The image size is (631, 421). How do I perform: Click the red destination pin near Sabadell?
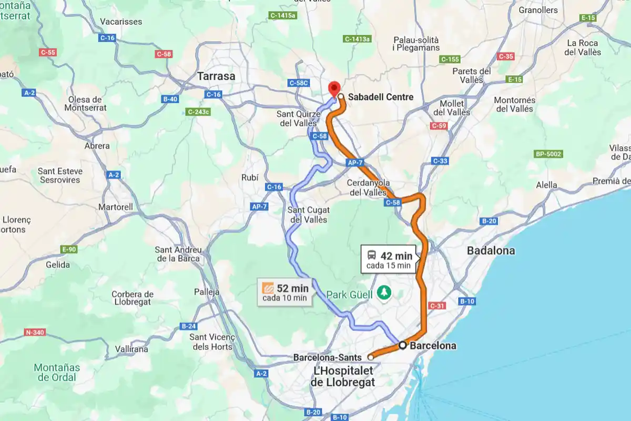tap(334, 88)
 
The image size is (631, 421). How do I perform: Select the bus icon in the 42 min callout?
tap(371, 256)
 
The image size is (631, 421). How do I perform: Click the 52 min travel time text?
tap(292, 288)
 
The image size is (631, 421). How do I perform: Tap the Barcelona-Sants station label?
tap(327, 357)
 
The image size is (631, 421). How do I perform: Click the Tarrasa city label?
tap(216, 76)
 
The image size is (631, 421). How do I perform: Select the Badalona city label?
tap(491, 250)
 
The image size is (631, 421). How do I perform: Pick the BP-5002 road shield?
tap(548, 154)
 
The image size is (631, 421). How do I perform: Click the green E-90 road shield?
tap(69, 249)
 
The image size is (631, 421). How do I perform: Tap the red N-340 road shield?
tap(35, 332)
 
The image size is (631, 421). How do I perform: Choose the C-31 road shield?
tap(437, 306)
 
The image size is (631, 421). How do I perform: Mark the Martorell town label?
tap(116, 207)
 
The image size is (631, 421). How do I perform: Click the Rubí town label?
tap(250, 177)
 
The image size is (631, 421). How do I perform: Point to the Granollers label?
tap(538, 10)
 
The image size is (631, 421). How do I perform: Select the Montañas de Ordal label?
tap(56, 372)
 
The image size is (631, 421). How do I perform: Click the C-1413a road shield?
tap(358, 39)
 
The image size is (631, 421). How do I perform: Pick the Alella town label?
tap(546, 185)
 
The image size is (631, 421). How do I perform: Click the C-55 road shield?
tap(47, 52)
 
